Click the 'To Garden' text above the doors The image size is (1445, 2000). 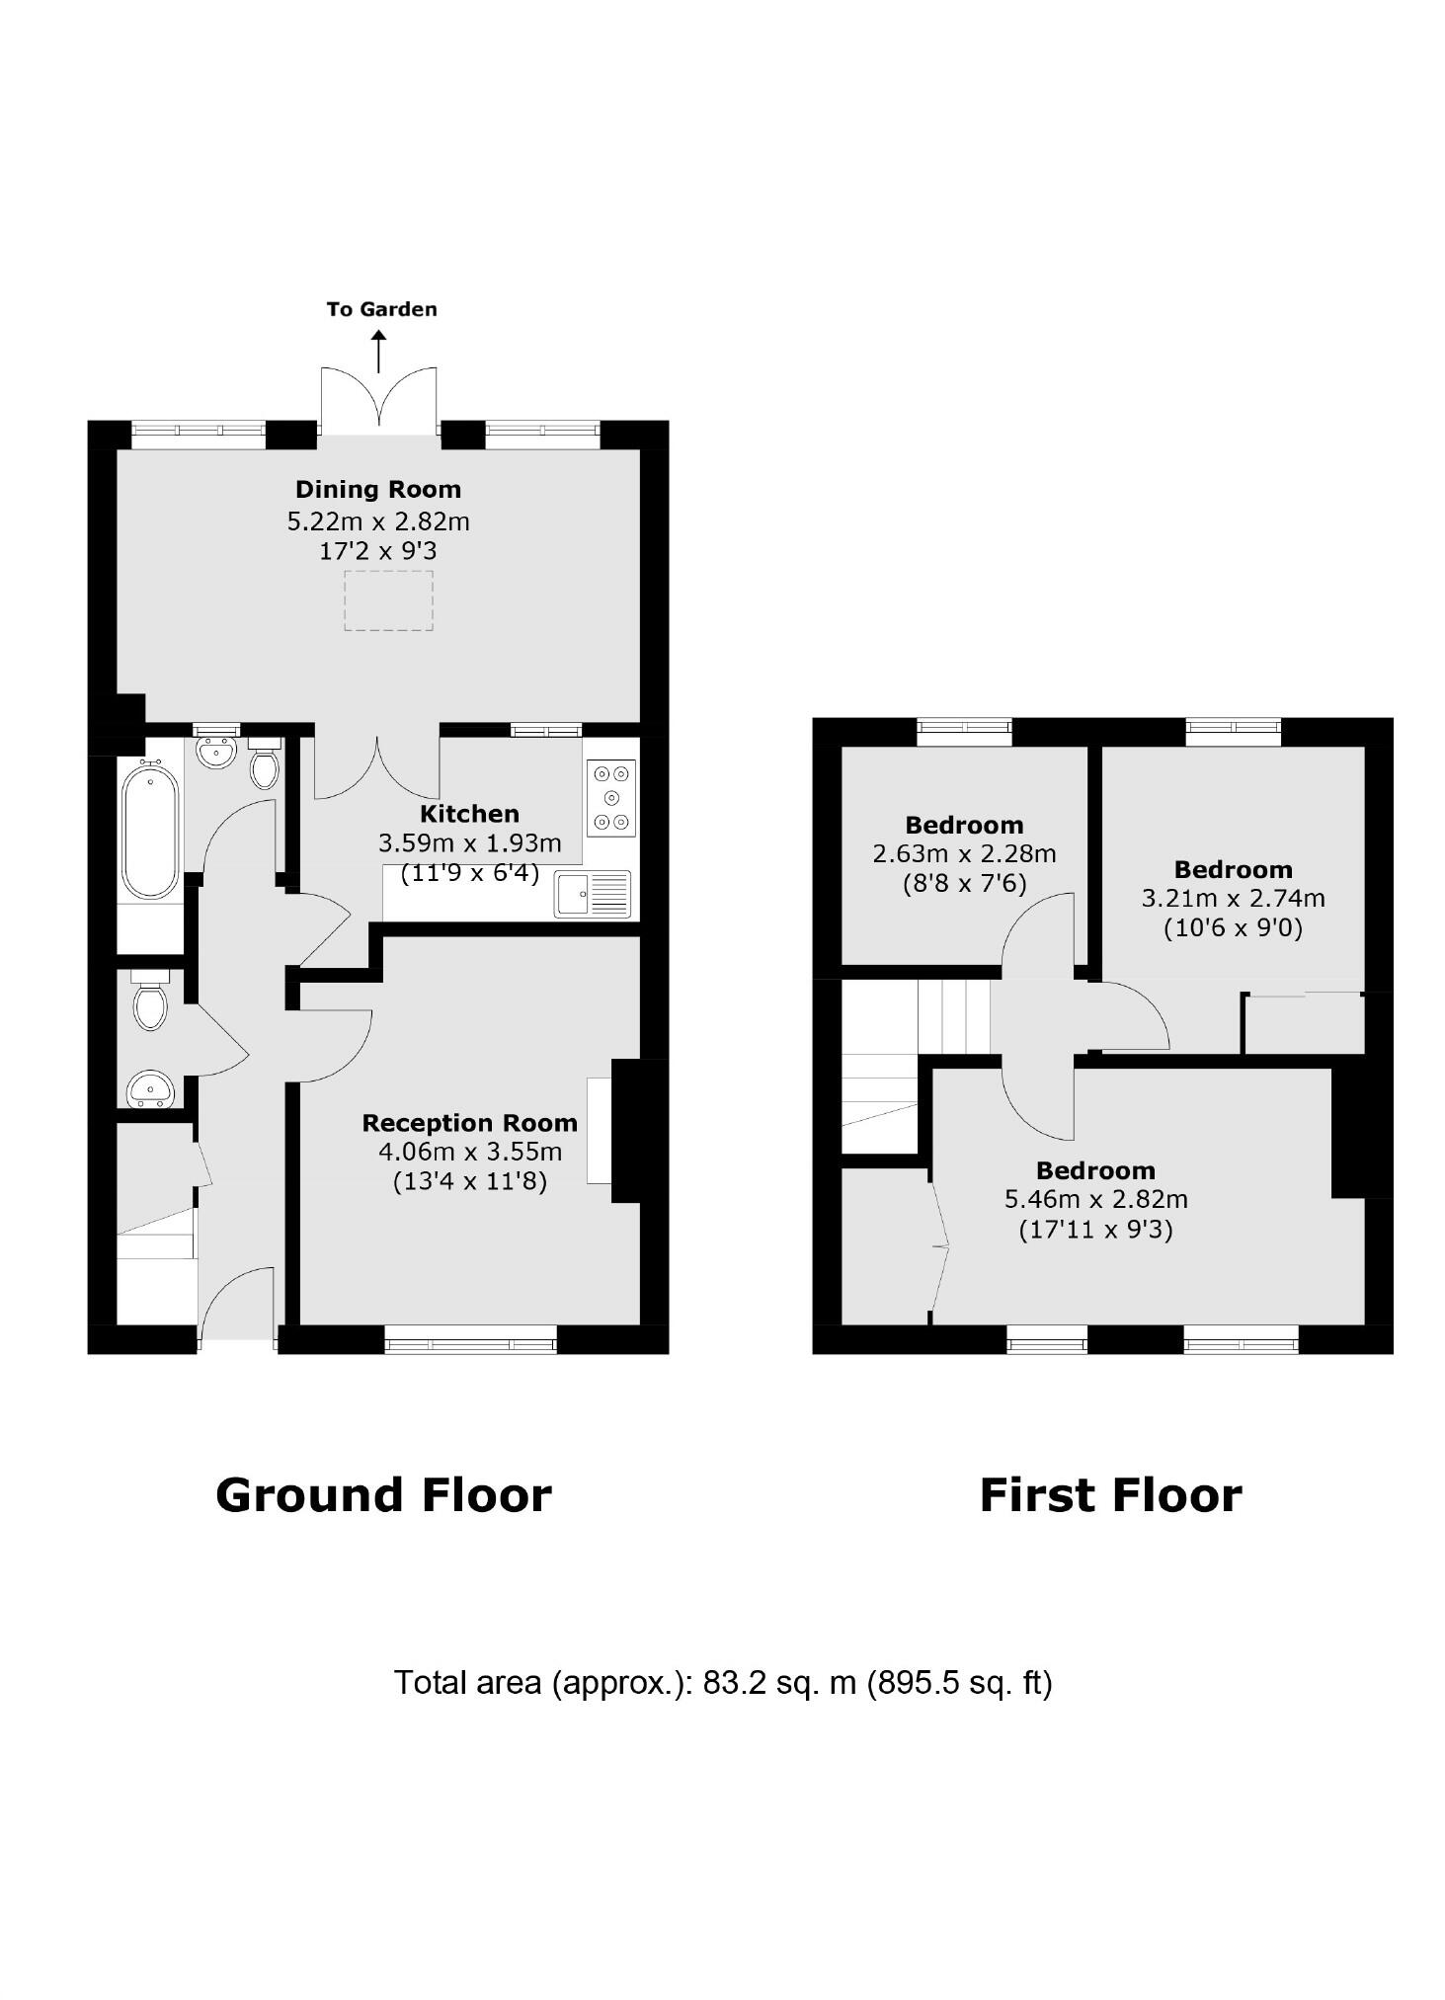(x=381, y=309)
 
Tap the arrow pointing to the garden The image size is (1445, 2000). (x=378, y=352)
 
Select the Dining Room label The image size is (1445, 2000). (x=378, y=489)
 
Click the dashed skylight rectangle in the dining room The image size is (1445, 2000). (x=388, y=600)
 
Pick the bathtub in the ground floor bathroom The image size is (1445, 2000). (x=150, y=829)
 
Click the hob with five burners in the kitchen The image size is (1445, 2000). (x=610, y=798)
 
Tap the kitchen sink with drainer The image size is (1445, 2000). (x=592, y=894)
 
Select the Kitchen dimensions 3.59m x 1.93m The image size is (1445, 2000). (x=469, y=843)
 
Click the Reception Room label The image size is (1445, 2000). (x=469, y=1123)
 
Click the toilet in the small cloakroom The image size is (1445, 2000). (x=150, y=1004)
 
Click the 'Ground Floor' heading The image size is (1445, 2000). (x=383, y=1495)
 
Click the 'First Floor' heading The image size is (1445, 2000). (x=1110, y=1495)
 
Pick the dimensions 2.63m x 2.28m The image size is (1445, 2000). (x=964, y=853)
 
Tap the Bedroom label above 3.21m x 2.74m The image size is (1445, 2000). (x=1233, y=869)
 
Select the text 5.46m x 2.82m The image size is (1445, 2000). (x=1095, y=1199)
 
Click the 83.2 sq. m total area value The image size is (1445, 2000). (x=778, y=1682)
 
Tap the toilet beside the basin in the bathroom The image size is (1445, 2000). (x=265, y=766)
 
